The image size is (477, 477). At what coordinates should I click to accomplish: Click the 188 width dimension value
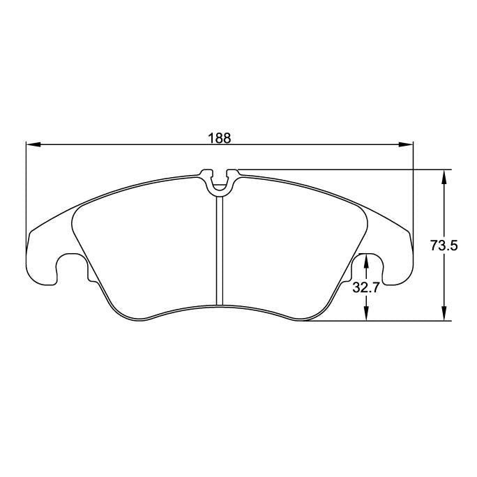pos(220,137)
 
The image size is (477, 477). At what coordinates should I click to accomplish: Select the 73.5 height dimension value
pos(444,245)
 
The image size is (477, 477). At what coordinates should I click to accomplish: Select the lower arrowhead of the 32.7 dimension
pos(365,316)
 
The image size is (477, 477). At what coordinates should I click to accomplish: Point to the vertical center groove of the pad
pos(220,251)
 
